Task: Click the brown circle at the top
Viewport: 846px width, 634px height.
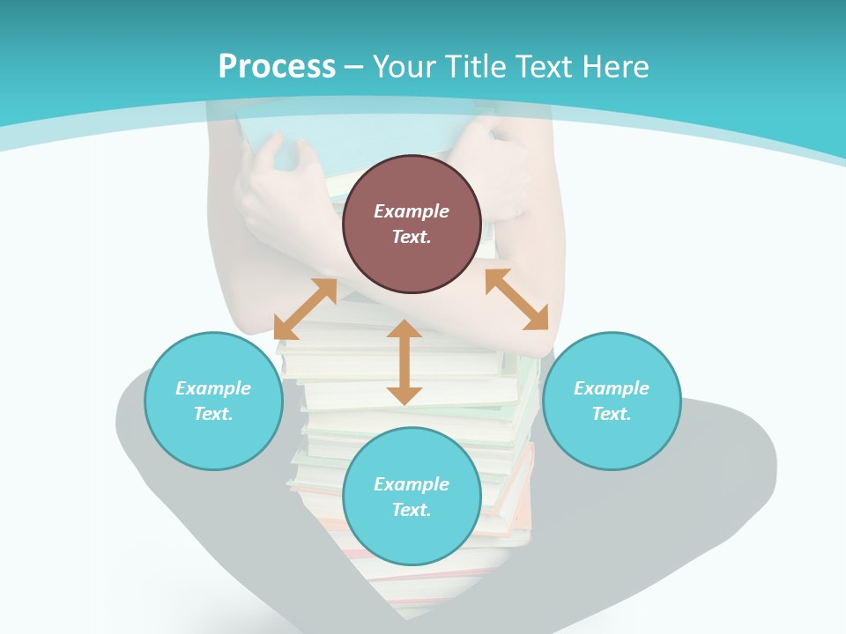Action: [x=412, y=224]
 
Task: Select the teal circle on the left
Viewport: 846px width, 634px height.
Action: [x=213, y=401]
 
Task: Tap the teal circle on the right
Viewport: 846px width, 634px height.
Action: [x=612, y=401]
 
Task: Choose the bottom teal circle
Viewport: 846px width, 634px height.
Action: [x=412, y=497]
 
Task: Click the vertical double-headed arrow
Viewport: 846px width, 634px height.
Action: [x=404, y=362]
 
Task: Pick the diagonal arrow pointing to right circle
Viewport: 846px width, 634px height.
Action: [x=516, y=299]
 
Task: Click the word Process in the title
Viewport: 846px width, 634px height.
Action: [x=277, y=67]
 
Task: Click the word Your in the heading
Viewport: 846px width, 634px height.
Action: [x=404, y=67]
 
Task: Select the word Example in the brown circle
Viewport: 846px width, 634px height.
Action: [x=412, y=211]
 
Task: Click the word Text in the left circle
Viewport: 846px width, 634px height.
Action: [x=212, y=414]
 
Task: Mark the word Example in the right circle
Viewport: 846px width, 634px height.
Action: [x=612, y=388]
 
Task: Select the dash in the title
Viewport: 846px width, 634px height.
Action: [x=354, y=67]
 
